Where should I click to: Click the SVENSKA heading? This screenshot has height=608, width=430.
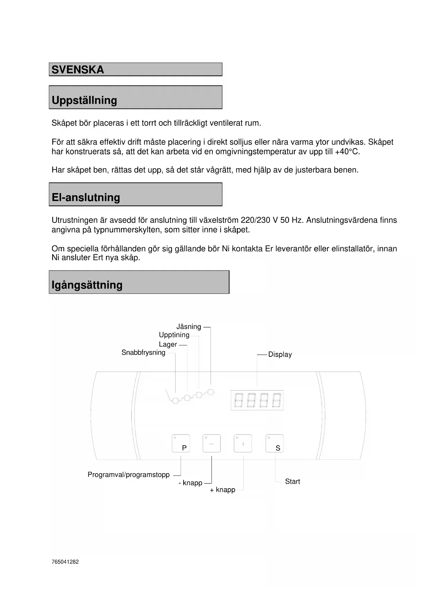click(x=78, y=70)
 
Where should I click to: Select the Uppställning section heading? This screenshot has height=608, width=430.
click(x=84, y=100)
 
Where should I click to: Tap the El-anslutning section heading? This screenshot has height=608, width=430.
click(x=86, y=197)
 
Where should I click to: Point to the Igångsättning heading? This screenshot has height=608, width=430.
click(x=87, y=285)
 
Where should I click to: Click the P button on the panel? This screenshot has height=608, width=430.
click(x=181, y=443)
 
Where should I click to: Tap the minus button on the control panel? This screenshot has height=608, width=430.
click(x=211, y=443)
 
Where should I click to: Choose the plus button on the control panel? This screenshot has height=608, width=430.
click(x=243, y=443)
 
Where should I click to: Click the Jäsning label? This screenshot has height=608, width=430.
click(x=188, y=327)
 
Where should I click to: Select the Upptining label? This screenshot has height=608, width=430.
click(x=174, y=335)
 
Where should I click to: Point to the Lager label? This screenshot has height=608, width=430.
click(x=168, y=344)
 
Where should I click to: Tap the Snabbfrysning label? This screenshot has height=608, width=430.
click(x=143, y=353)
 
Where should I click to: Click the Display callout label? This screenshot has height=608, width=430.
click(x=280, y=354)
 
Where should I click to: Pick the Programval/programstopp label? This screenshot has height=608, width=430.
click(x=129, y=475)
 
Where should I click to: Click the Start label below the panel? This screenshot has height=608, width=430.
click(x=292, y=481)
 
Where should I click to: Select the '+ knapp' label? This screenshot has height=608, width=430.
click(x=222, y=490)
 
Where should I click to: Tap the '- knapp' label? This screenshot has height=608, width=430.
click(x=190, y=483)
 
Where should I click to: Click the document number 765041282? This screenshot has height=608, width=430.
click(x=65, y=562)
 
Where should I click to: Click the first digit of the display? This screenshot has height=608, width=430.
click(x=238, y=400)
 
